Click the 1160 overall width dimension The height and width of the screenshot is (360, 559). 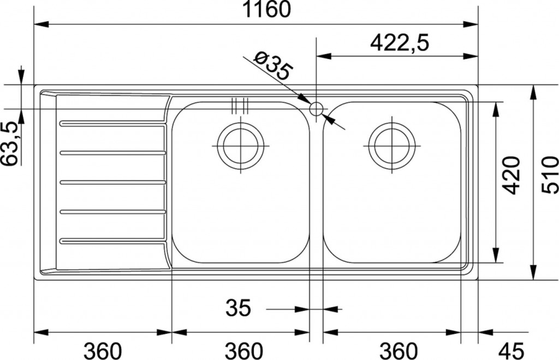[266, 9]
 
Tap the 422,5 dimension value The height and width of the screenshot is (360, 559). [399, 43]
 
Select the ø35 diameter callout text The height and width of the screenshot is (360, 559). [273, 66]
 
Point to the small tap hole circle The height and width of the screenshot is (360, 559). [316, 109]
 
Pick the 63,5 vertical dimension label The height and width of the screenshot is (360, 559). [10, 144]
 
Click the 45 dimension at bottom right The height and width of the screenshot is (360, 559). [511, 351]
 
